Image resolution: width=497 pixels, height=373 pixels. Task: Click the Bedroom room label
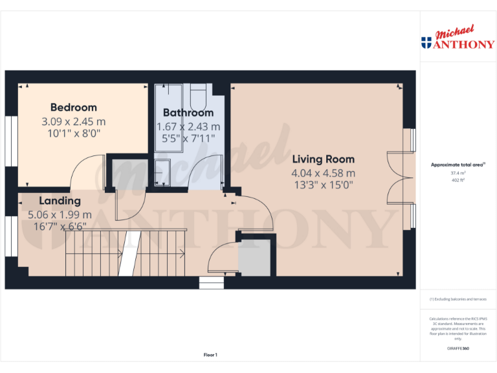click(x=74, y=107)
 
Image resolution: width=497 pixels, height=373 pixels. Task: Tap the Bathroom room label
click(x=188, y=113)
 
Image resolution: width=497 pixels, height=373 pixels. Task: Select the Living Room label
click(x=323, y=159)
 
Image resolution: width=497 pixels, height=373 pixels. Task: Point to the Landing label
click(x=60, y=201)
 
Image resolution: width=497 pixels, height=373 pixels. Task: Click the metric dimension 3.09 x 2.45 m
click(x=74, y=121)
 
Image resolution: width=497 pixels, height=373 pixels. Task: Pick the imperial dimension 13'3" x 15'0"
click(x=323, y=185)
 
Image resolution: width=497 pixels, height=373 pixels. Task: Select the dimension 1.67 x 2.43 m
click(x=188, y=126)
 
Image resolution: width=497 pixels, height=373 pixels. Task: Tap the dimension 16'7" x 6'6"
click(x=60, y=227)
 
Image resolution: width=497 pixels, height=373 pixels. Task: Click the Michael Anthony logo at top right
click(x=458, y=39)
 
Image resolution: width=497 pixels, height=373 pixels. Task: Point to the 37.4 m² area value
click(x=458, y=173)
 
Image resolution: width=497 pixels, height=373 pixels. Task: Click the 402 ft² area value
click(x=458, y=180)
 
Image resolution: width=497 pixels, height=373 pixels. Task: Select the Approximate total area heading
click(x=458, y=165)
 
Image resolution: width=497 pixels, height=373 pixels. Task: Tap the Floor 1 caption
click(x=210, y=355)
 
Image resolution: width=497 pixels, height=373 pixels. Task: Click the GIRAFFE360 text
click(x=458, y=348)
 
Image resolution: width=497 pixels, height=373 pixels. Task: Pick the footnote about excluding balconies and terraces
click(x=458, y=299)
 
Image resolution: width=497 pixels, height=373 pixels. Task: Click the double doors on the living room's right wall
click(x=398, y=178)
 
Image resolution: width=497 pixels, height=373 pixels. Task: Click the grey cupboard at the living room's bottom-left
click(x=254, y=257)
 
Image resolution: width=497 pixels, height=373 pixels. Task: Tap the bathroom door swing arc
click(x=207, y=170)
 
